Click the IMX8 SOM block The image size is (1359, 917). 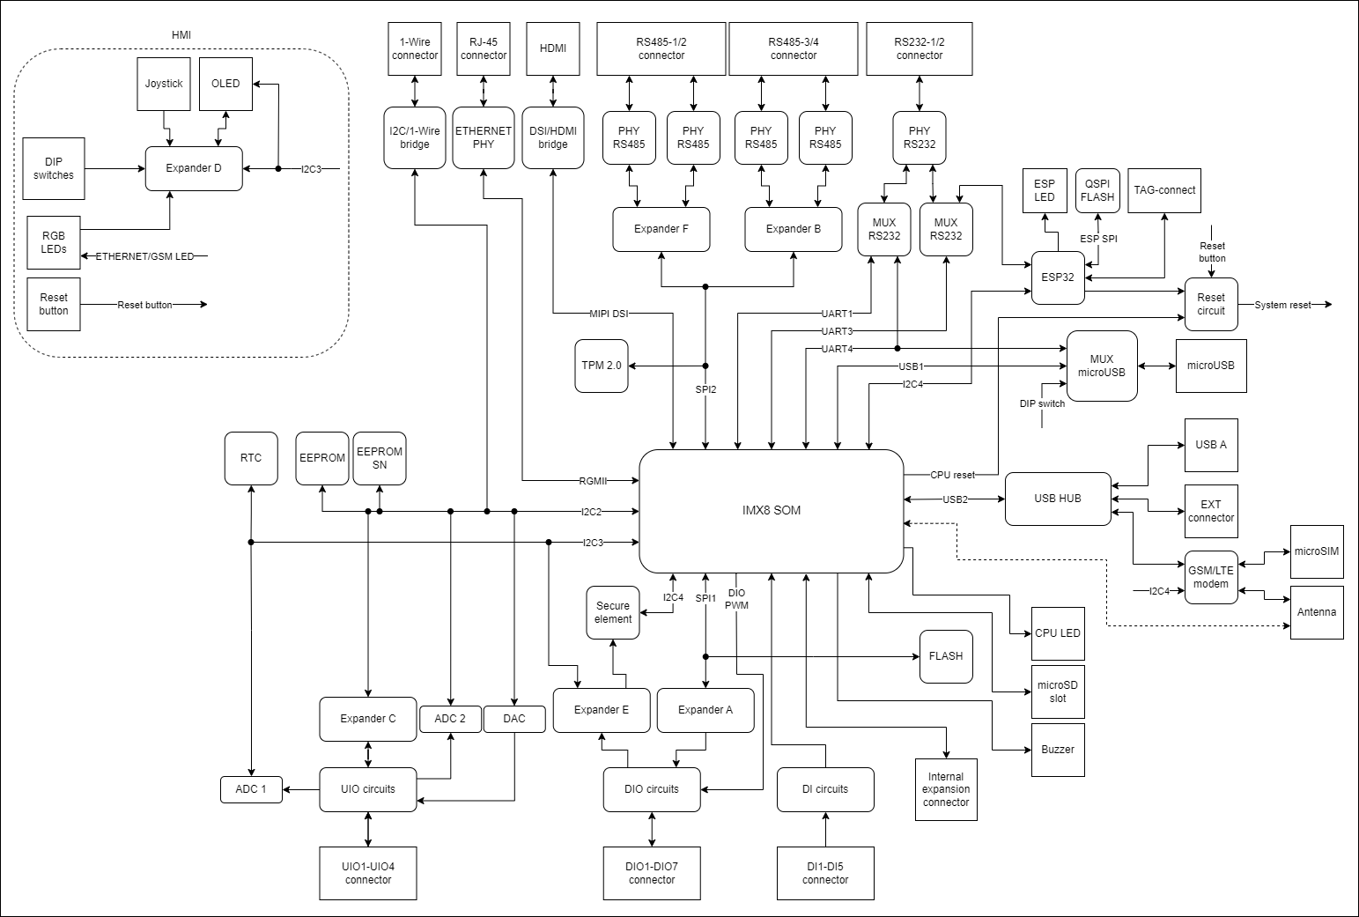point(771,511)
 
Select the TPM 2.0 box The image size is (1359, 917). point(602,366)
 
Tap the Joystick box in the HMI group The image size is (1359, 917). point(164,84)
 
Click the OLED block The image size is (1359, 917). point(225,84)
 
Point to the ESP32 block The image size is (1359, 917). point(1058,277)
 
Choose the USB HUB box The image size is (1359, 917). point(1058,499)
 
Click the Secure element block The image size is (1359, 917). point(613,612)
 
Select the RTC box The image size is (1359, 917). point(251,458)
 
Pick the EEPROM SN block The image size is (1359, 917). point(380,458)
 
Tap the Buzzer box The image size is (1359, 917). point(1058,750)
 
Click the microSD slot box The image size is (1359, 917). point(1058,691)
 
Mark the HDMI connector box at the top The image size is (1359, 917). point(553,48)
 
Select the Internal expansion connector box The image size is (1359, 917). point(946,789)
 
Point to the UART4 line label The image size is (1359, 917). point(837,349)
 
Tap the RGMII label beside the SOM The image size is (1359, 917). point(593,481)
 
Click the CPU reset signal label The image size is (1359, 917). point(952,475)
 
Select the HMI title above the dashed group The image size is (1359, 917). point(181,35)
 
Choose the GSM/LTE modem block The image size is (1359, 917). point(1211,577)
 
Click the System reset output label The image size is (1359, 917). point(1282,305)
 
